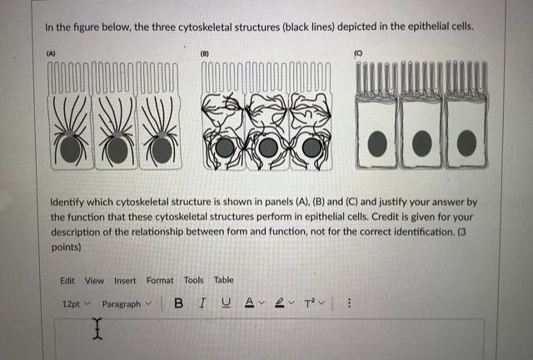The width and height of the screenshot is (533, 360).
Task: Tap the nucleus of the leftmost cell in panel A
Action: pyautogui.click(x=70, y=149)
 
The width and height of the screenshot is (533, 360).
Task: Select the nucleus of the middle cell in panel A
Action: pyautogui.click(x=117, y=150)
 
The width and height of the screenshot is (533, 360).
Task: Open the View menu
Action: pyautogui.click(x=94, y=280)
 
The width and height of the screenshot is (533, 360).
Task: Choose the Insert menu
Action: pyautogui.click(x=125, y=280)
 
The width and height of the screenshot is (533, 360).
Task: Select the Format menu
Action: pyautogui.click(x=160, y=280)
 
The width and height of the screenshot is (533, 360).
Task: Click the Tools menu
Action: pyautogui.click(x=193, y=280)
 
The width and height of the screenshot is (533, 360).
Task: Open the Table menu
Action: pyautogui.click(x=223, y=280)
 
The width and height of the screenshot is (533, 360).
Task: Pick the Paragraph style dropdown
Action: pyautogui.click(x=126, y=304)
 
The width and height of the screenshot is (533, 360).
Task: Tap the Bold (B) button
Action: pyautogui.click(x=178, y=304)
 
